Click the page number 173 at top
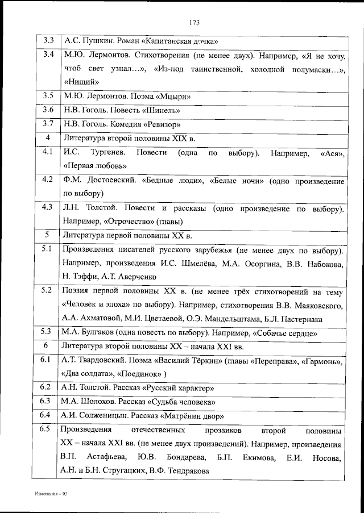pyautogui.click(x=193, y=23)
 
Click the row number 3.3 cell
pyautogui.click(x=48, y=41)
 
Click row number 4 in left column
pyautogui.click(x=48, y=138)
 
